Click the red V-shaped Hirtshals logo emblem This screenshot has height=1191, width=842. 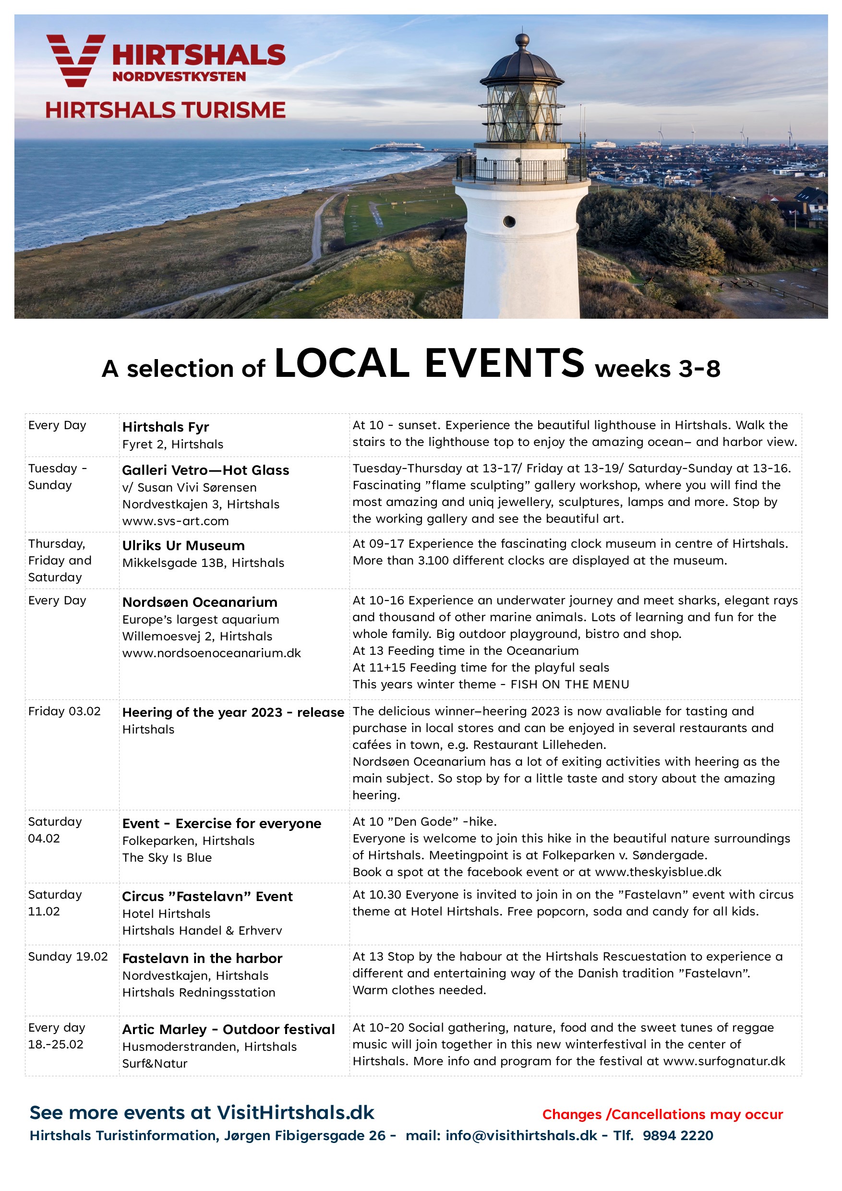(75, 60)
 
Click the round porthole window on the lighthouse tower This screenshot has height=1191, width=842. (509, 221)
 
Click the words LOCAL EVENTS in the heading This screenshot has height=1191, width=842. (429, 363)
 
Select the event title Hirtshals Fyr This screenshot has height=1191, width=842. (166, 427)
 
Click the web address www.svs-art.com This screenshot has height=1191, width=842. (175, 521)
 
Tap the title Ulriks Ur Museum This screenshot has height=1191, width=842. (183, 546)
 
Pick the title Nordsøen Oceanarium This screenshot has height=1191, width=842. (200, 602)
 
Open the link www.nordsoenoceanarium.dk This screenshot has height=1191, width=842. (211, 653)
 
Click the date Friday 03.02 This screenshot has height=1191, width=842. (64, 711)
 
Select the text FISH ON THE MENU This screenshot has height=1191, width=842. (570, 685)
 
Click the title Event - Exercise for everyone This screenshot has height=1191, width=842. (221, 824)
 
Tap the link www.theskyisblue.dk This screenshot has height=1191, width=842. (658, 872)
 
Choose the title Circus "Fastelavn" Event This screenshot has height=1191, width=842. (207, 897)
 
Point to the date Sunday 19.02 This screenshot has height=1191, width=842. (68, 957)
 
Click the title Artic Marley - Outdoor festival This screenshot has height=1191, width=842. (229, 1030)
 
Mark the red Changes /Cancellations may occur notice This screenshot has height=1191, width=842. (662, 1114)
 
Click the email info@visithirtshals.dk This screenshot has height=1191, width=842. (521, 1135)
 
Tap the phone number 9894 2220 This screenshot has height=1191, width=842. (677, 1135)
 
